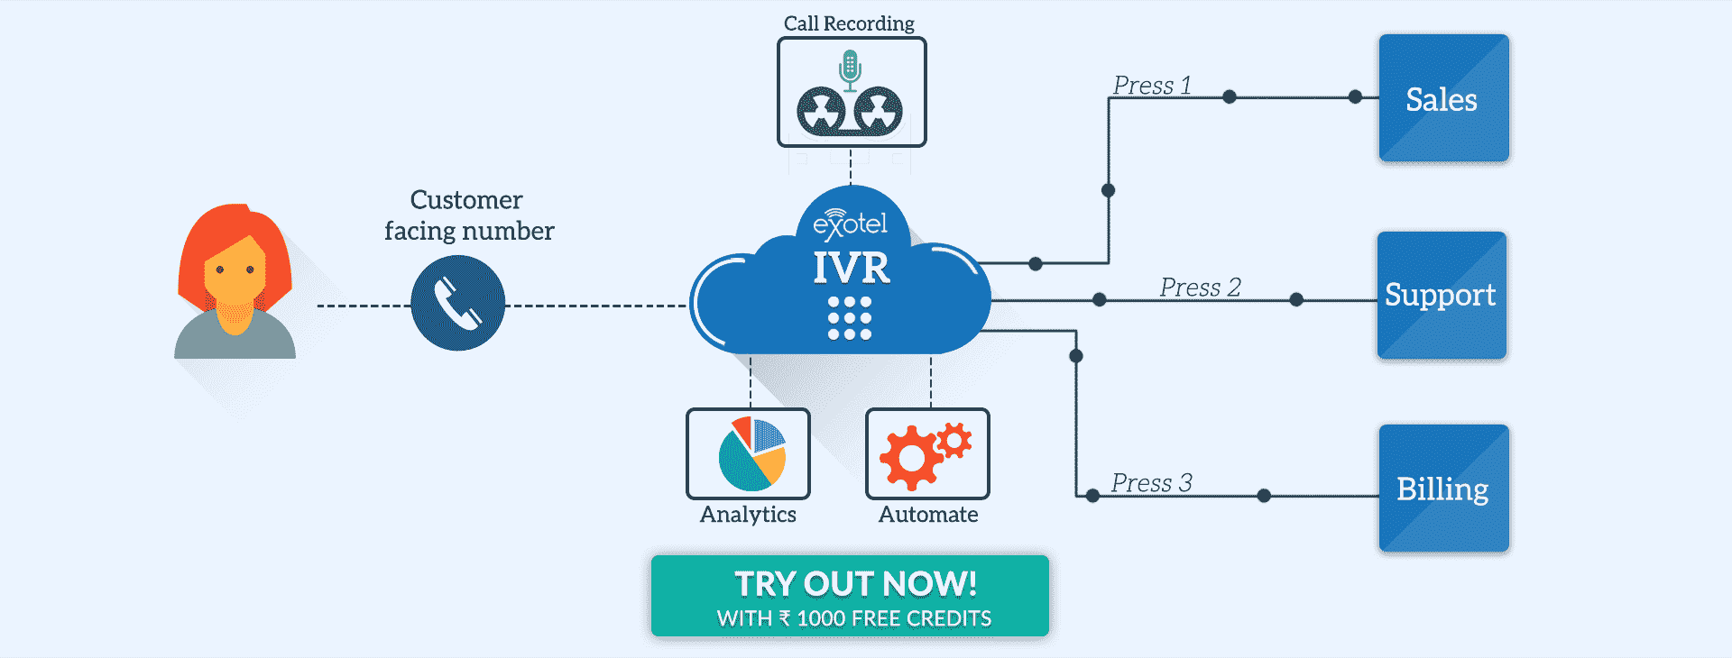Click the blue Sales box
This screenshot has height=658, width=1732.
tap(1443, 98)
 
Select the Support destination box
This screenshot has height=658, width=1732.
tap(1441, 295)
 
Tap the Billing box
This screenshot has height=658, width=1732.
tap(1443, 489)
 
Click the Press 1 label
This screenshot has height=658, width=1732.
tap(1152, 86)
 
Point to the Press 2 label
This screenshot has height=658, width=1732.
tap(1200, 288)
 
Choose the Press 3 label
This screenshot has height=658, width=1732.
tap(1151, 483)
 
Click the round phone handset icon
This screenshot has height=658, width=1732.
tap(458, 303)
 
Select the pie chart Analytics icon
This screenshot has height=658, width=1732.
tap(751, 453)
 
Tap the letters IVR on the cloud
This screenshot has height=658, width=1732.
tap(852, 268)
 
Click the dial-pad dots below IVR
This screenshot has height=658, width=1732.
tap(850, 318)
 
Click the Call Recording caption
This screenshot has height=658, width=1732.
tap(849, 23)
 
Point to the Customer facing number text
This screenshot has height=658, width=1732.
tap(468, 215)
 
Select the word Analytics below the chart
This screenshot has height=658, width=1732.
tap(748, 515)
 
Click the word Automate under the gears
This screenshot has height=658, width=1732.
tap(928, 515)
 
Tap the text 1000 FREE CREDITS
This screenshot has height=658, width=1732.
tap(894, 618)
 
